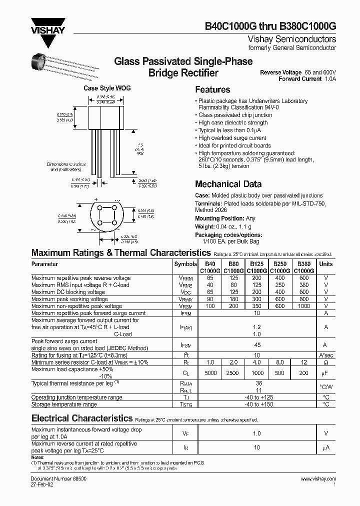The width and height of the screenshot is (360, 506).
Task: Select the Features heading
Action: (x=212, y=90)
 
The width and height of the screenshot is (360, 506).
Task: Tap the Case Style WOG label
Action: (x=107, y=88)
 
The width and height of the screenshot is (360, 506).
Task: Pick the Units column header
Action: (x=325, y=263)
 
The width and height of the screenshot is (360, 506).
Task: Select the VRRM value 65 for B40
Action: (x=210, y=278)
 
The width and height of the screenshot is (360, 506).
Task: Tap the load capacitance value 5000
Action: (x=210, y=372)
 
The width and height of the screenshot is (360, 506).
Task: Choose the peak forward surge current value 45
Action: (x=257, y=344)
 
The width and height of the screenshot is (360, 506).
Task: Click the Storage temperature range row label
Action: (x=64, y=404)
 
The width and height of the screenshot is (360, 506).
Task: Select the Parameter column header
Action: (x=45, y=263)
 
